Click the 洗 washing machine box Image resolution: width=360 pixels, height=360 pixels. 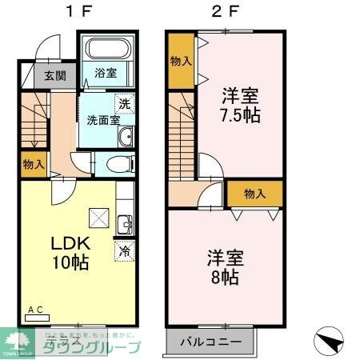pos(125,104)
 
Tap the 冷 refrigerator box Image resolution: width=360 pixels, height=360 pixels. pos(125,250)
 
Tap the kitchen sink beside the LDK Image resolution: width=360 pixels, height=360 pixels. pos(124,222)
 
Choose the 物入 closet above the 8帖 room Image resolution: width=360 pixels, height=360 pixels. pos(254,194)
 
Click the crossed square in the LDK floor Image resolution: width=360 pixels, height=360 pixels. pos(98,216)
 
